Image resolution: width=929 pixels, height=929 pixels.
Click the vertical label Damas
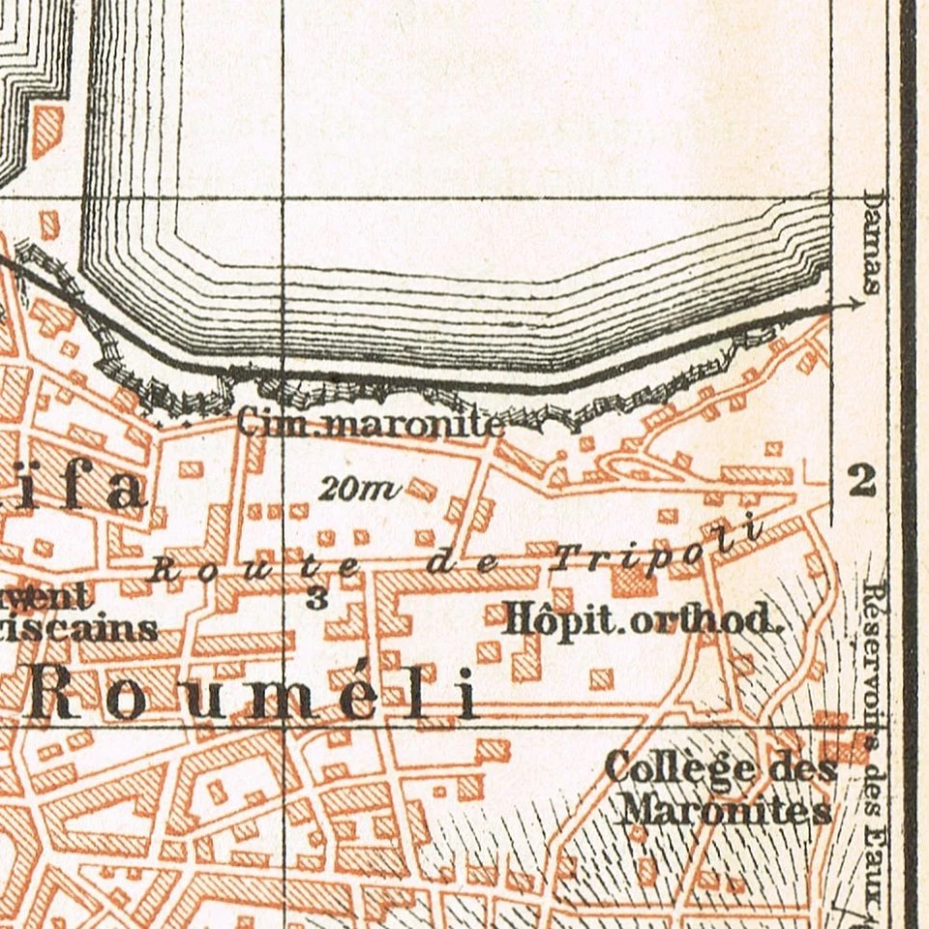click(x=871, y=242)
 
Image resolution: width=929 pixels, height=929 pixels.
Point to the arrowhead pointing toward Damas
click(x=854, y=304)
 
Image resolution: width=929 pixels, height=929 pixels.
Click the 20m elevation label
click(x=359, y=490)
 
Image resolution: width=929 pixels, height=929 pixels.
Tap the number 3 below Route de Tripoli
click(x=315, y=597)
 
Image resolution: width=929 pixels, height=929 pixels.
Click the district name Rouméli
click(x=252, y=695)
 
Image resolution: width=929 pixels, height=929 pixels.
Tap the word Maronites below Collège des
click(x=726, y=809)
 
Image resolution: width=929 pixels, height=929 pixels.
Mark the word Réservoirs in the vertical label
click(x=874, y=658)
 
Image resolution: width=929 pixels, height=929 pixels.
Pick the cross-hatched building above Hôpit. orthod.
click(x=633, y=581)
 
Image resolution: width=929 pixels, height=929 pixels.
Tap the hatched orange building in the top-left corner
click(x=46, y=131)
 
